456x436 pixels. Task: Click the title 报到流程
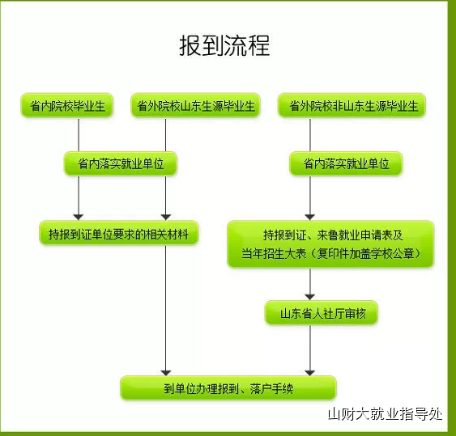tap(224, 45)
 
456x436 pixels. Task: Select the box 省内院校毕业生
tap(67, 105)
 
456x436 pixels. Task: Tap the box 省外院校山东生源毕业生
tap(195, 105)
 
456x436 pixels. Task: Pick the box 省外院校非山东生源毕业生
tap(352, 105)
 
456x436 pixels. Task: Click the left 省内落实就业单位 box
tap(121, 163)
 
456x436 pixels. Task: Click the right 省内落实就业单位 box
tap(346, 163)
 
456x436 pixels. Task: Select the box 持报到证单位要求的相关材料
tap(118, 233)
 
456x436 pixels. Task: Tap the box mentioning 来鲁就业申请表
tap(330, 244)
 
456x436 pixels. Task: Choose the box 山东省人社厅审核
tap(322, 313)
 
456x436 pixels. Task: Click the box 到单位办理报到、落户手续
tap(228, 388)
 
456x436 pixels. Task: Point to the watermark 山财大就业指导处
tap(385, 414)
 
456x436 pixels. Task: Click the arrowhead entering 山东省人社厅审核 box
tap(310, 297)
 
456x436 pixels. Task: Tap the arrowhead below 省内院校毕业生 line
tap(79, 218)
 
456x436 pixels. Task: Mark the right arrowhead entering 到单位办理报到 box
tap(310, 372)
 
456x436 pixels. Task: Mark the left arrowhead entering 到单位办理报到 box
tap(166, 372)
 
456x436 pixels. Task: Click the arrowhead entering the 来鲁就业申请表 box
tap(310, 218)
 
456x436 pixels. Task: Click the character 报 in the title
tap(190, 45)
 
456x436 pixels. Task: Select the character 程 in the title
tap(258, 45)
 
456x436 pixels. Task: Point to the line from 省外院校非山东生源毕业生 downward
tap(310, 134)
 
